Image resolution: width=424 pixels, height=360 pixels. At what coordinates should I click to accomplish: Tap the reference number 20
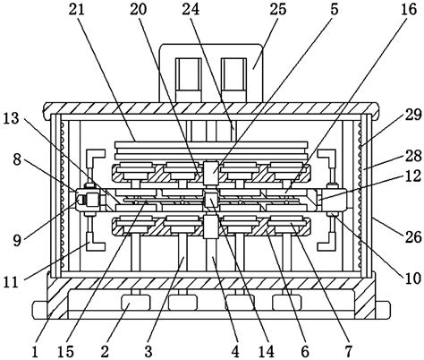click(136, 10)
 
